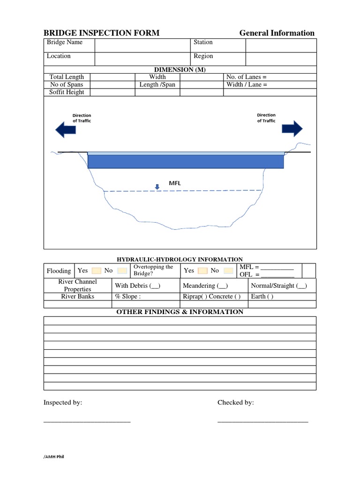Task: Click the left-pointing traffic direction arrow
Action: pyautogui.click(x=66, y=129)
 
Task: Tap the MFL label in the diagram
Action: pyautogui.click(x=175, y=183)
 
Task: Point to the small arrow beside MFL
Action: pyautogui.click(x=157, y=187)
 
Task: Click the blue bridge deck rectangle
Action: pyautogui.click(x=186, y=161)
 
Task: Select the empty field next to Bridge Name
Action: pyautogui.click(x=142, y=45)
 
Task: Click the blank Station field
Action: pyautogui.click(x=281, y=45)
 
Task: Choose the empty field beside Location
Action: pyautogui.click(x=142, y=59)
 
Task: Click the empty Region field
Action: pyautogui.click(x=281, y=59)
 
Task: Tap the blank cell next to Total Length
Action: pyautogui.click(x=112, y=77)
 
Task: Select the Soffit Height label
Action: pyautogui.click(x=67, y=92)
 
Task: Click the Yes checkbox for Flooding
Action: pyautogui.click(x=96, y=271)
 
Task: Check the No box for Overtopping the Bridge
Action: pyautogui.click(x=228, y=271)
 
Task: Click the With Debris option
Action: pyautogui.click(x=138, y=285)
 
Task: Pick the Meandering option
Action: pyautogui.click(x=205, y=285)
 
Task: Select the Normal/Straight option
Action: pyautogui.click(x=279, y=285)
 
